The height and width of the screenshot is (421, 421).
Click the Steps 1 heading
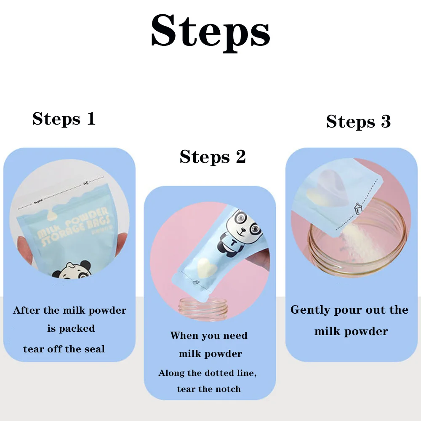[x=64, y=119]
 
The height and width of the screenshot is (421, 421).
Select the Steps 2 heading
[x=213, y=157]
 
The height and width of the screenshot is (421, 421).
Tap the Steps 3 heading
[x=358, y=122]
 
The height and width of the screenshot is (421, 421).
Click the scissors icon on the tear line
[x=86, y=183]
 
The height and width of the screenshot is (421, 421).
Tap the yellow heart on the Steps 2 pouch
[x=205, y=266]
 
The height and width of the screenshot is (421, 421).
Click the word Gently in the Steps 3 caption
[x=310, y=310]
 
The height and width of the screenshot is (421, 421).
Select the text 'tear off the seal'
[x=64, y=349]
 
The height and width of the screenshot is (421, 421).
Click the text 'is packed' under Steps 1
[x=71, y=328]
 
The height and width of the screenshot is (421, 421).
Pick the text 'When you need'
[x=209, y=336]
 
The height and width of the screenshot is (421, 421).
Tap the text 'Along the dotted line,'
[x=208, y=373]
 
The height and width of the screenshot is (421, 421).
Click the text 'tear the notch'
[x=209, y=389]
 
